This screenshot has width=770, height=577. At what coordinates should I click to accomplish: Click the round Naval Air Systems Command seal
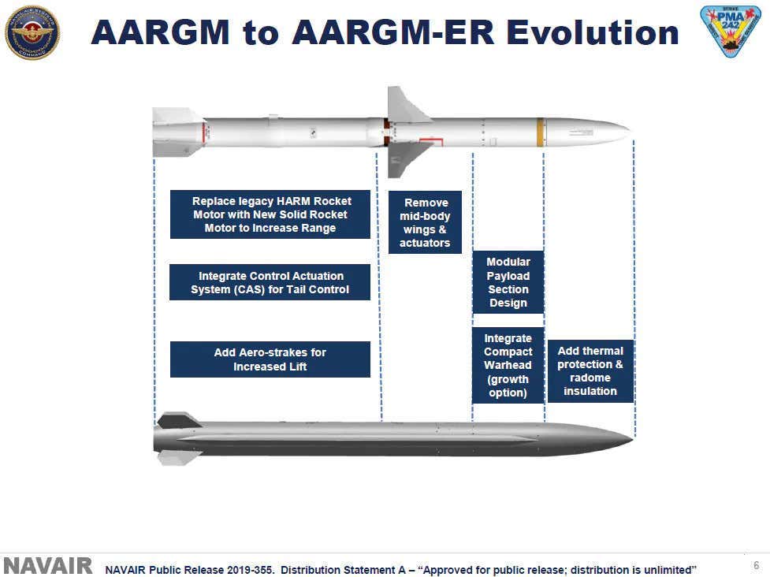32,32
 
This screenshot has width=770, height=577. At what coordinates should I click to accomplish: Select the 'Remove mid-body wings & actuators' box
425,222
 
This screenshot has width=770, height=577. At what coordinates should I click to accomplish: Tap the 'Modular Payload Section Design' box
508,282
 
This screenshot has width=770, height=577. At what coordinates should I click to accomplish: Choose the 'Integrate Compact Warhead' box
508,365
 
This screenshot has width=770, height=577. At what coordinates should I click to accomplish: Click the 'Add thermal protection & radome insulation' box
590,370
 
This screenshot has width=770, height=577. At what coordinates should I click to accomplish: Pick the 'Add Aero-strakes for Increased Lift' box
270,359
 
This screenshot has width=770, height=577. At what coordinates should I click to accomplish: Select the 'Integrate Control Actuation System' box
270,282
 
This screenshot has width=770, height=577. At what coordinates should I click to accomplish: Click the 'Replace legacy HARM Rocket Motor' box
270,214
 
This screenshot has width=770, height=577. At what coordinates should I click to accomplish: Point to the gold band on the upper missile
541,132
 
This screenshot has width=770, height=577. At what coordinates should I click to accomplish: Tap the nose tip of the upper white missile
627,131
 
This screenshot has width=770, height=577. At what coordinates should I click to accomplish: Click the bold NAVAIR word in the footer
48,566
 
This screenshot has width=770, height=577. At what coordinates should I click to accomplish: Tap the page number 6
755,565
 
